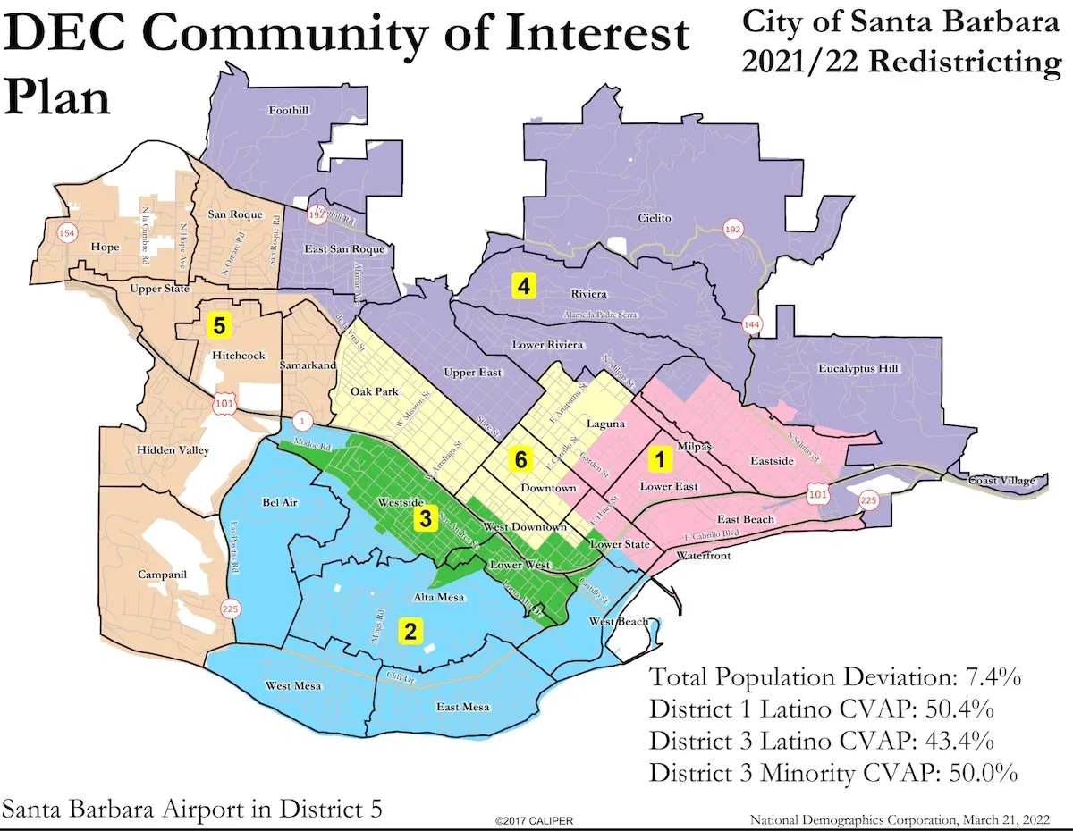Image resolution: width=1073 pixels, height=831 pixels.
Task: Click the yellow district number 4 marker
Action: pos(522,286)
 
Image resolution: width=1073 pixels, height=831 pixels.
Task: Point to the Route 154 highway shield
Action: pos(64,234)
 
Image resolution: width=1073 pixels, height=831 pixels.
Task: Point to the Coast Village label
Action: pos(1001,481)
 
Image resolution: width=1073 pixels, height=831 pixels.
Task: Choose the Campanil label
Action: pos(162,575)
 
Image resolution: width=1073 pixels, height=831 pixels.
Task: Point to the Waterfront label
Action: pos(703,556)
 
